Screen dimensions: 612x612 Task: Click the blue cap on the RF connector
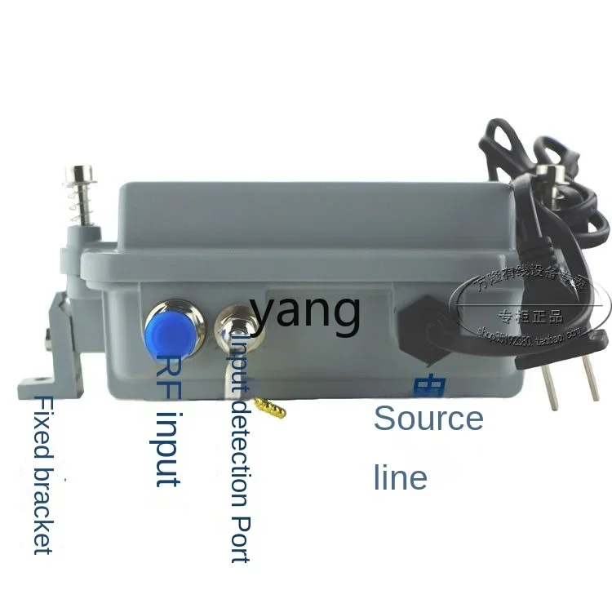coord(168,331)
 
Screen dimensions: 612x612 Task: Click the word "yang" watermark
coord(305,310)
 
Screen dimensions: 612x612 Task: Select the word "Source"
coord(428,418)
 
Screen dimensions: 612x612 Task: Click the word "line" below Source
coord(400,477)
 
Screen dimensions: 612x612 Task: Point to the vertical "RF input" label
coord(168,421)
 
